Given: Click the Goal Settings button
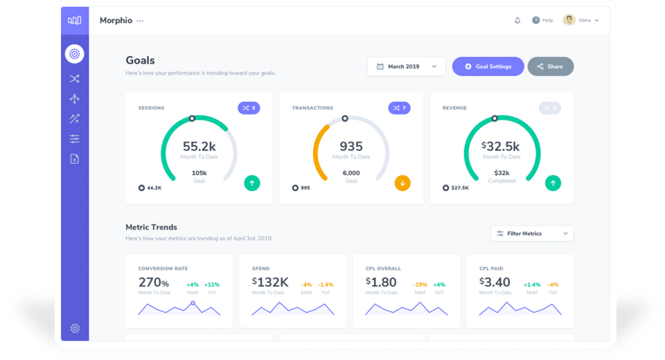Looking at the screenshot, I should point(488,66).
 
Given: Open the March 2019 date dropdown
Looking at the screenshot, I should point(407,66).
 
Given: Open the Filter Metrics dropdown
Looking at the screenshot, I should point(532,233).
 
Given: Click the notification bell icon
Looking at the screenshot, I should point(517,21).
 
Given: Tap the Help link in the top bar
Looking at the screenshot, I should point(542,21).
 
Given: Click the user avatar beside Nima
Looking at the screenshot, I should point(569,20).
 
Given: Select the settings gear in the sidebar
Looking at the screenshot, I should point(75,328).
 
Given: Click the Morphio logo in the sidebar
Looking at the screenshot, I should point(74,21).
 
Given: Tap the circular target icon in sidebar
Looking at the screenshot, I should point(74,53).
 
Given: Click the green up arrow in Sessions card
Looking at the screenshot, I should point(252,183).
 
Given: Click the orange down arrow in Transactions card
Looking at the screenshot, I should point(402,183).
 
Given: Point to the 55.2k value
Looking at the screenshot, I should point(199,146).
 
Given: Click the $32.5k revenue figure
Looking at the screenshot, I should point(501,146).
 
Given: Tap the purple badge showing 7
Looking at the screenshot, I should point(399,108).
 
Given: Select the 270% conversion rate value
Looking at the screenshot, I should point(154,282).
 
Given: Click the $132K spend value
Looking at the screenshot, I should point(270,282).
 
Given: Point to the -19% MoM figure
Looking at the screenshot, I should point(420,285).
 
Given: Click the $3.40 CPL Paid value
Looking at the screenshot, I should point(495,282).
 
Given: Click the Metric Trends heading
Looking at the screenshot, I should point(151,227).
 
